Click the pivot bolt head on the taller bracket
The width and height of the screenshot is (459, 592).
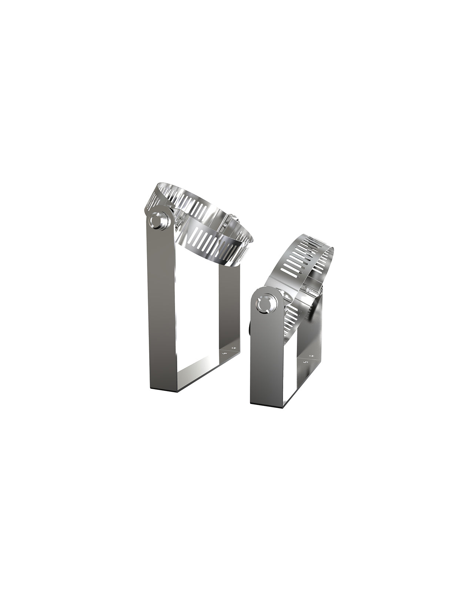click(x=159, y=221)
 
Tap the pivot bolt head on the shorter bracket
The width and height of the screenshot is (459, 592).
click(x=267, y=304)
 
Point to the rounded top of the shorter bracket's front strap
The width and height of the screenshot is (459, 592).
click(x=267, y=292)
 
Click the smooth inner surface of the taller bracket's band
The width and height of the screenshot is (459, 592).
click(x=207, y=218)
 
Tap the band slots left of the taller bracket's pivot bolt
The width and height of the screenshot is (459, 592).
click(x=153, y=202)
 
